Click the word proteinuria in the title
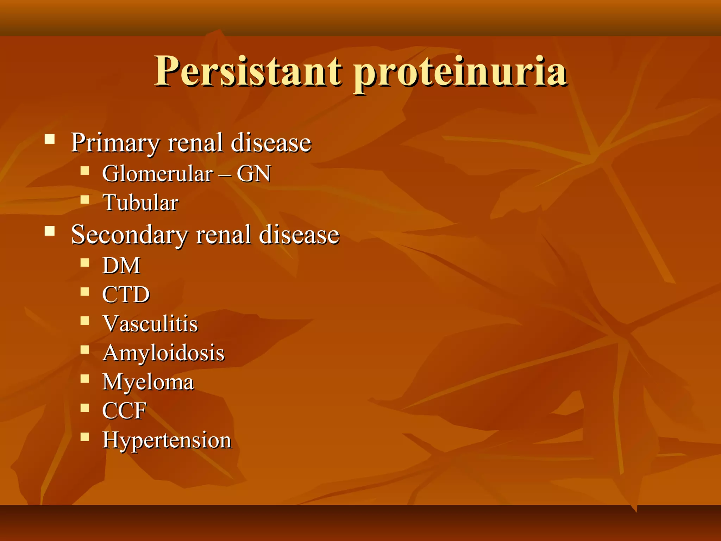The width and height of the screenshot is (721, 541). (460, 73)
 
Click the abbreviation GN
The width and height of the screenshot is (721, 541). (253, 174)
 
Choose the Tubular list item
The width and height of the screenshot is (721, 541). (140, 203)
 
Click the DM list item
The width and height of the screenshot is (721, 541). (121, 265)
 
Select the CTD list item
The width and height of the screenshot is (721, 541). (126, 294)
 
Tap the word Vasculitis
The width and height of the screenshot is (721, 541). (150, 324)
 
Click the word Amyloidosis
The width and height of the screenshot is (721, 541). (163, 353)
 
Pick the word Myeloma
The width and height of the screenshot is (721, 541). (148, 382)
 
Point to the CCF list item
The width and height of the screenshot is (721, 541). (124, 411)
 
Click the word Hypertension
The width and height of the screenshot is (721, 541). (167, 440)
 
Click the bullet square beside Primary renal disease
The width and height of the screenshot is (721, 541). (50, 139)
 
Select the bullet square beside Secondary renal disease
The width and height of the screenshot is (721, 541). (50, 231)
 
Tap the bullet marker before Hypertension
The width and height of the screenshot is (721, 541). (84, 437)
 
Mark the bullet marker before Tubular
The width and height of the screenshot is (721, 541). (84, 200)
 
